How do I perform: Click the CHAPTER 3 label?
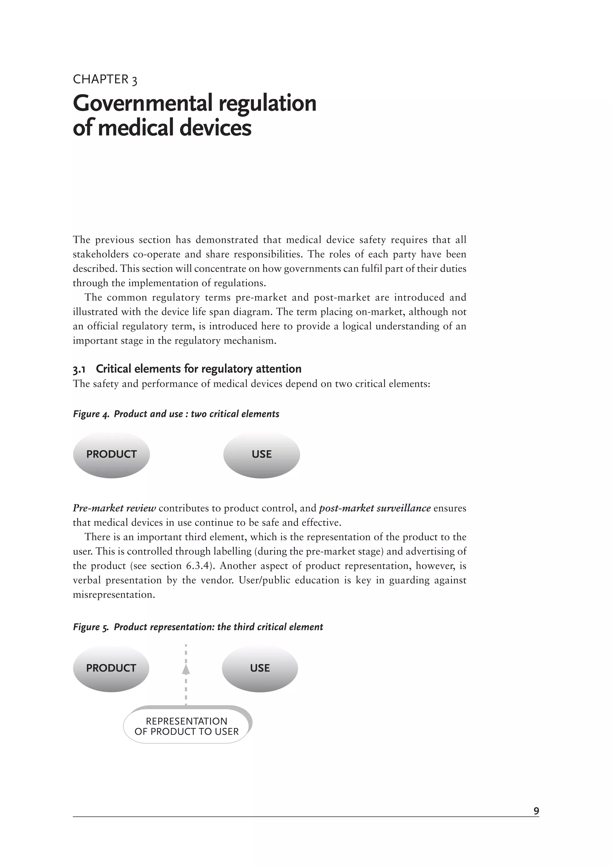(x=105, y=79)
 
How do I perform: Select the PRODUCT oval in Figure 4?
(x=111, y=455)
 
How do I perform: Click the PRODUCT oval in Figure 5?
(x=111, y=668)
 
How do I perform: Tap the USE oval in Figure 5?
(x=259, y=668)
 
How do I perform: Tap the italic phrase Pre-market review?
(x=114, y=508)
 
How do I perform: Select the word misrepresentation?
(x=114, y=595)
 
